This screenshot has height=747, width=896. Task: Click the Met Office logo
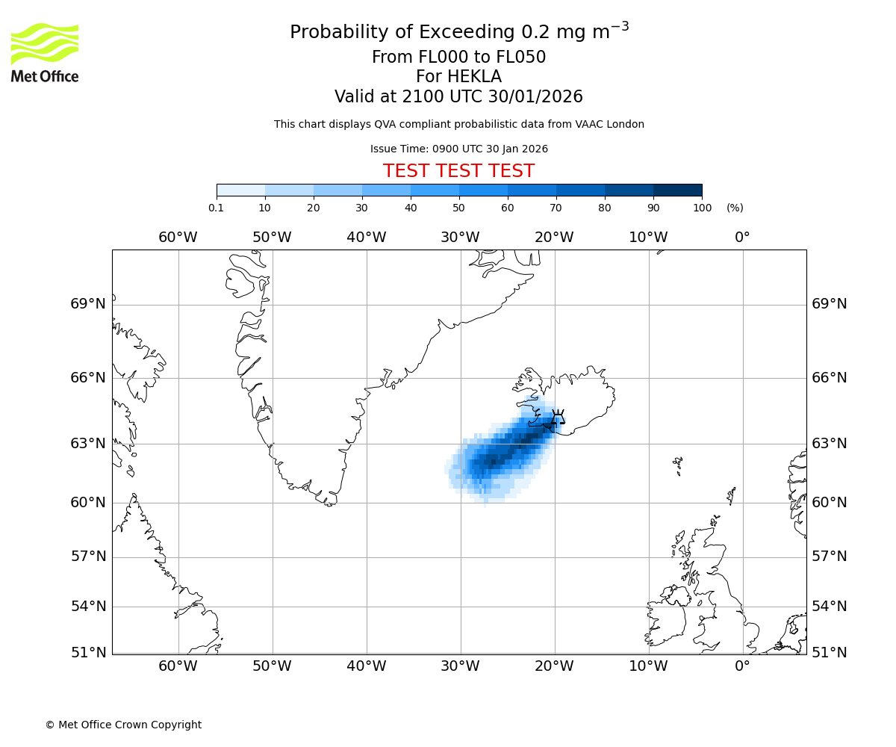tap(45, 52)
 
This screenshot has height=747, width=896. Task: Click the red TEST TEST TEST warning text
tap(458, 171)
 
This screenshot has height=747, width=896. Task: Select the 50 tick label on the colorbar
tap(458, 208)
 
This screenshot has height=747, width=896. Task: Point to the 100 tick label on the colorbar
tap(702, 208)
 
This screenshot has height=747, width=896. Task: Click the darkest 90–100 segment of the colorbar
tap(677, 190)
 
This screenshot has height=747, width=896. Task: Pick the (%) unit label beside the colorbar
tap(735, 208)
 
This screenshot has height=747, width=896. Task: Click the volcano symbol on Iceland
tap(557, 419)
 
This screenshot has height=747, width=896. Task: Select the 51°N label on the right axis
tap(830, 652)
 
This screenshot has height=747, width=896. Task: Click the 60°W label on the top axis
tap(178, 238)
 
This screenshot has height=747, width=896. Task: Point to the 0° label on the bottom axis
tap(742, 666)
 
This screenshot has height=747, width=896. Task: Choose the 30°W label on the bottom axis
tap(460, 666)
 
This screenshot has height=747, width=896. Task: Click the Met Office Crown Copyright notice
tap(123, 725)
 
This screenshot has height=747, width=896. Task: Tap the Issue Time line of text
tap(458, 149)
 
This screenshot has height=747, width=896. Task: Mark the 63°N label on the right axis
tap(830, 444)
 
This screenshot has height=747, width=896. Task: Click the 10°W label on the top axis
tap(648, 238)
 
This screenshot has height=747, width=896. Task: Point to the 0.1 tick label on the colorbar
tap(217, 208)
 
